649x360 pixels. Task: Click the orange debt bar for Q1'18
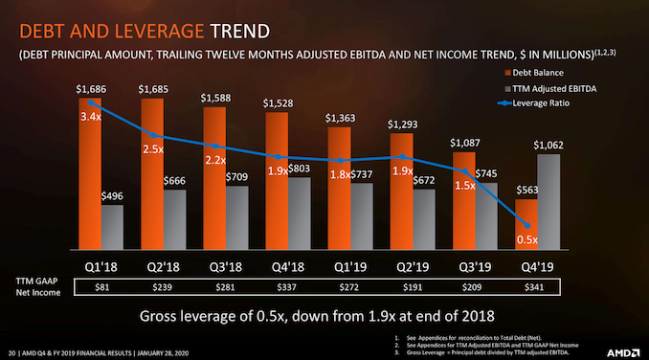click(90, 172)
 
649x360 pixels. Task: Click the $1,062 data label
click(549, 145)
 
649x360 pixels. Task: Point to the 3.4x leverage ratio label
click(90, 118)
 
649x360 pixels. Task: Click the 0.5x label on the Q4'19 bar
click(526, 238)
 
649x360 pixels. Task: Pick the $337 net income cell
click(287, 286)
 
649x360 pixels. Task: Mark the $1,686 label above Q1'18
click(91, 89)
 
